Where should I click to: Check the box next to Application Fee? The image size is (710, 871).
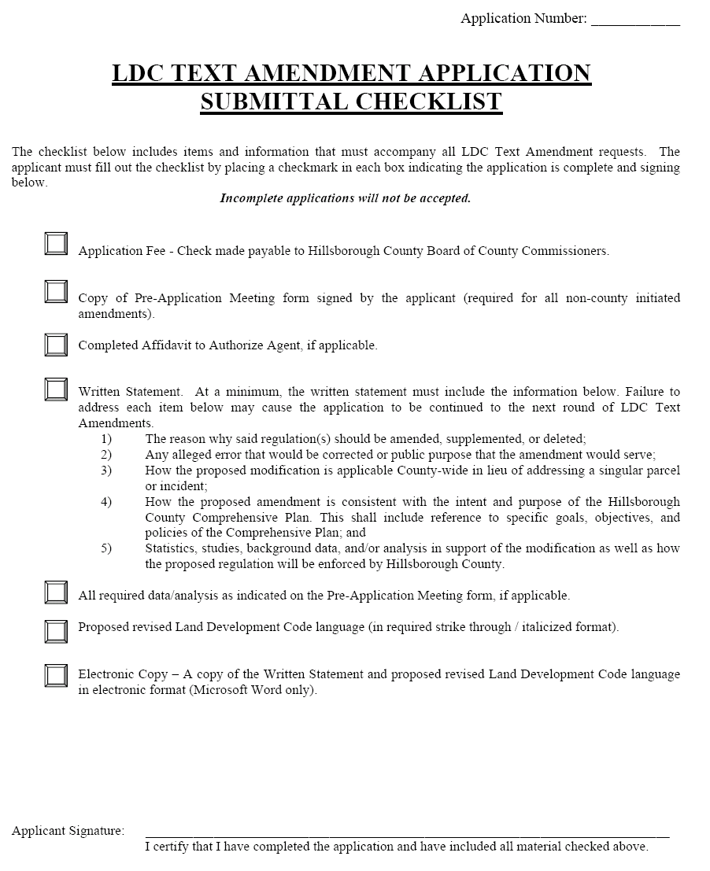tap(56, 244)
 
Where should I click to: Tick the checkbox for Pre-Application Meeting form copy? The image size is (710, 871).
tap(56, 292)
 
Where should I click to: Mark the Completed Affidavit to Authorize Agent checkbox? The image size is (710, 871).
tap(56, 345)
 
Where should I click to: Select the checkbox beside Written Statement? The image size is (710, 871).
tap(56, 389)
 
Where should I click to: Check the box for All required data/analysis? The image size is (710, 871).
tap(56, 592)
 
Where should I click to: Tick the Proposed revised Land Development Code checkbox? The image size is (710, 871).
tap(56, 631)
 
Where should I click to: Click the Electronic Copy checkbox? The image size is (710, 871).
tap(56, 676)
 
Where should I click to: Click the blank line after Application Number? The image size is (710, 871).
tap(635, 20)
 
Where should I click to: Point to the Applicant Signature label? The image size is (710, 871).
tap(68, 831)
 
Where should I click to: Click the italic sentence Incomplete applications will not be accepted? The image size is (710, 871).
tap(345, 198)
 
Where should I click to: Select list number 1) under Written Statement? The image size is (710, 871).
tap(106, 439)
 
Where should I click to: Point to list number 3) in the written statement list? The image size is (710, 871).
tap(106, 471)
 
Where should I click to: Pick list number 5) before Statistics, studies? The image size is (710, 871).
tap(106, 548)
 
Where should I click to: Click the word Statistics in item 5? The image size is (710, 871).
tap(171, 548)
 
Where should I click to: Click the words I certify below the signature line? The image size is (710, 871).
tap(168, 847)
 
